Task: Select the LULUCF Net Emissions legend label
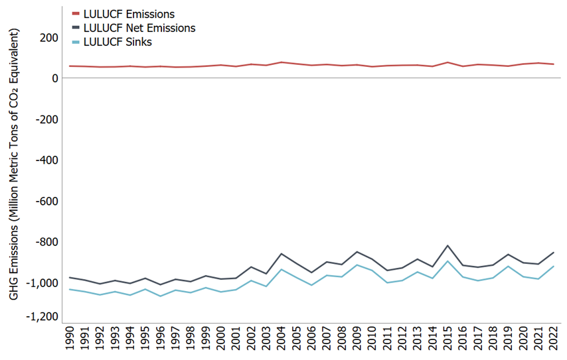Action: (x=139, y=28)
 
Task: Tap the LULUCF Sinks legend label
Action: (x=118, y=42)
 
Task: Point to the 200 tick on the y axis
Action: (x=48, y=38)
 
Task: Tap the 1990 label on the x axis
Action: (x=69, y=338)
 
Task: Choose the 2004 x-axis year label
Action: (x=282, y=338)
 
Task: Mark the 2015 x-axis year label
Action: (x=449, y=338)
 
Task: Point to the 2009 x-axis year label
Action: (x=358, y=338)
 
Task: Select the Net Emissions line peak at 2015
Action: (x=448, y=246)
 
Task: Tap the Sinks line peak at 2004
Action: (x=282, y=269)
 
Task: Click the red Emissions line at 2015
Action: (x=448, y=62)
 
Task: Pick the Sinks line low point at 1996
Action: (x=160, y=296)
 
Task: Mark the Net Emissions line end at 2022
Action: (x=554, y=252)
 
